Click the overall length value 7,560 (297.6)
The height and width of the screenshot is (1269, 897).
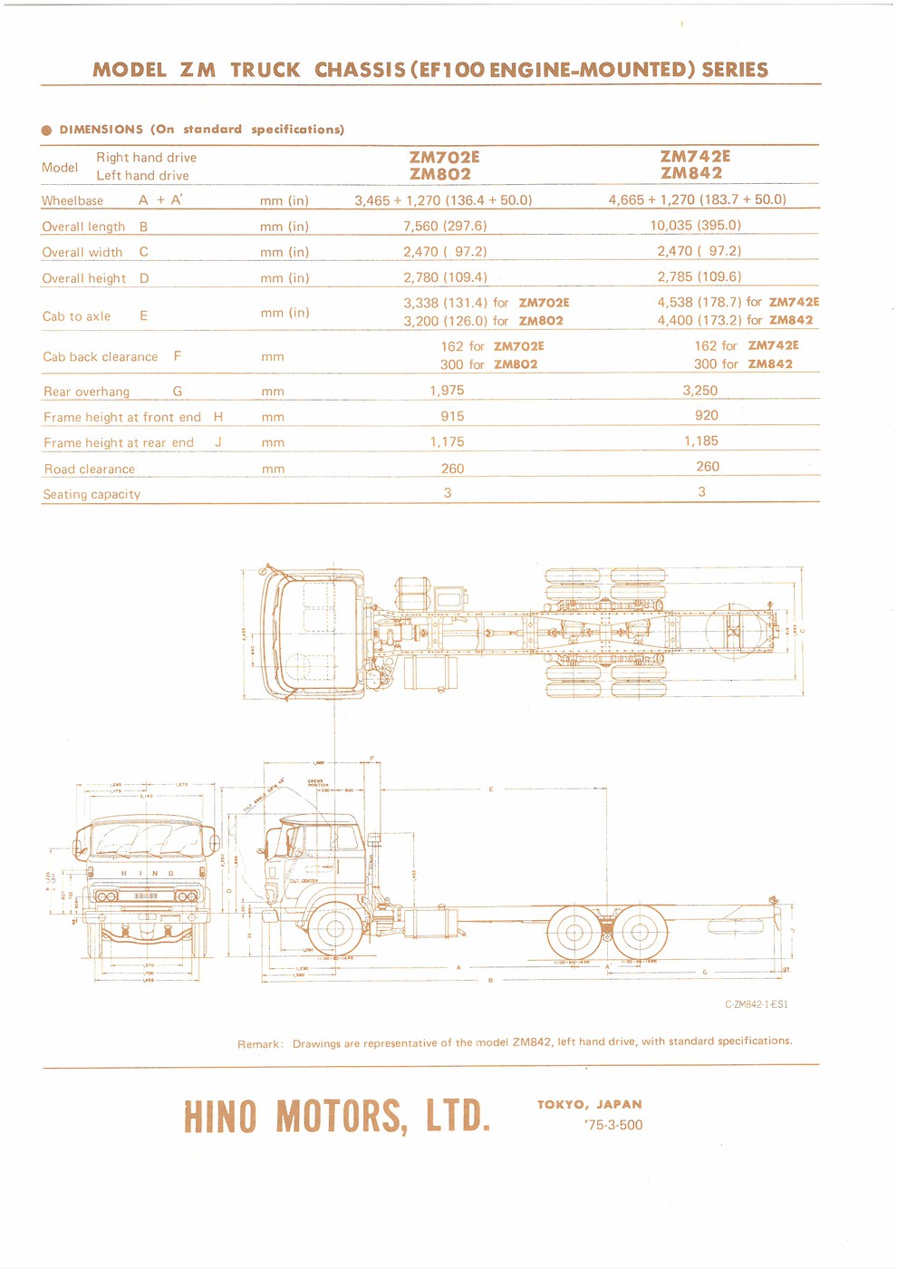pos(445,226)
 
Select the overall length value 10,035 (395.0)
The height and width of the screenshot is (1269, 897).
pos(695,225)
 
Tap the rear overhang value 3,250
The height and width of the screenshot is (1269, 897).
pos(699,391)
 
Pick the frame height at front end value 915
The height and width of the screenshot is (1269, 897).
pos(452,416)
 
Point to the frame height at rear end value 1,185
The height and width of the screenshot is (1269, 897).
pos(700,441)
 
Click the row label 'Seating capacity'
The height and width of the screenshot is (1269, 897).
pos(92,494)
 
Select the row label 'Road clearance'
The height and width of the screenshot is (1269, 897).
pos(90,469)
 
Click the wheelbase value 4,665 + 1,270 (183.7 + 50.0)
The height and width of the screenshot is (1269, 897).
pos(697,199)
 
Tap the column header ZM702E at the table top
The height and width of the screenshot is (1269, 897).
pos(444,157)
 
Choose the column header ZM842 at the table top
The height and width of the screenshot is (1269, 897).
pos(691,173)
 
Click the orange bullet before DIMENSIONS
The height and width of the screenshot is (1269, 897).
pos(47,131)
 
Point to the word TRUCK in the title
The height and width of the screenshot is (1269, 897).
pos(265,70)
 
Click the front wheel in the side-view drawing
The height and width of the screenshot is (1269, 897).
pos(335,928)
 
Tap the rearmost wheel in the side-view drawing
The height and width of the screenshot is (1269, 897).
pos(640,933)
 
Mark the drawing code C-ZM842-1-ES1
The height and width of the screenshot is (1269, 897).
pos(756,1004)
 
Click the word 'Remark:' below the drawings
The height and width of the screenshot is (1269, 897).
pos(260,1044)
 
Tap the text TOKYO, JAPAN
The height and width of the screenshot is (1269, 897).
pos(589,1104)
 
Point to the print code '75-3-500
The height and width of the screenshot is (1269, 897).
pos(613,1125)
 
